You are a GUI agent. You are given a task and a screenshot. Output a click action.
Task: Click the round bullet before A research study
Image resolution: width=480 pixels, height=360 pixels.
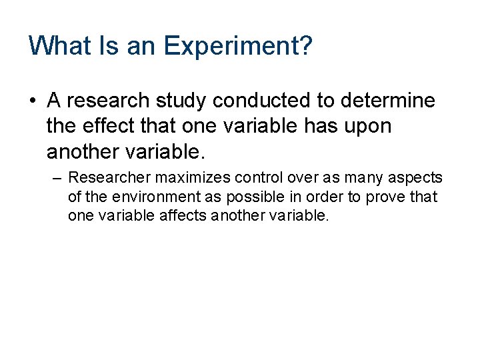coord(32,101)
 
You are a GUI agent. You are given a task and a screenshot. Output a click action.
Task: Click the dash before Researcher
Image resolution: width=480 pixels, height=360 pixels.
coord(57,178)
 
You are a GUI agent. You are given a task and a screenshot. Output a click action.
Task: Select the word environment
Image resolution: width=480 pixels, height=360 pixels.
coord(144,197)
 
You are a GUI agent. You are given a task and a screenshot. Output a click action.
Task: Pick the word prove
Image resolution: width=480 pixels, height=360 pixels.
coord(393,198)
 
